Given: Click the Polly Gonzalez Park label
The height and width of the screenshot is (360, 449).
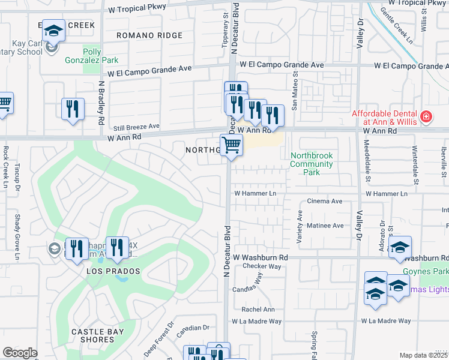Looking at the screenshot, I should (101, 56).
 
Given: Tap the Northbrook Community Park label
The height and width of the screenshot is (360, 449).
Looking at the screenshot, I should (311, 164).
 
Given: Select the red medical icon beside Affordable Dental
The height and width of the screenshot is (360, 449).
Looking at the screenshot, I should (426, 116).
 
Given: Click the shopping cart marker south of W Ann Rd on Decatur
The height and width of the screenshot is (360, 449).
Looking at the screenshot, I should (231, 145).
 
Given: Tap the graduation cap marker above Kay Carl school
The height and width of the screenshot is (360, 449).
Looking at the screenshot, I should (53, 31).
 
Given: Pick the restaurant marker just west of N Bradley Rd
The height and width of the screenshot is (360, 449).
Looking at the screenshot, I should (73, 109).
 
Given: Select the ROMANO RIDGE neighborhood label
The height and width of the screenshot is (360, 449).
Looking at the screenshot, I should (149, 36).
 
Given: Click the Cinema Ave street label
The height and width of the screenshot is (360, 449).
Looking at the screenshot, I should (325, 202).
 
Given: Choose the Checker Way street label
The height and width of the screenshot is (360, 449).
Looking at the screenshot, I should (262, 266).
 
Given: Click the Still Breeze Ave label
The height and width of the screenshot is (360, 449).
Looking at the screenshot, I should (137, 127).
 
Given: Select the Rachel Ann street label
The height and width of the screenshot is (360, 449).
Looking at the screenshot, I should (258, 310).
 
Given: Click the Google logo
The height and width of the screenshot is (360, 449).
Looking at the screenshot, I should (20, 353).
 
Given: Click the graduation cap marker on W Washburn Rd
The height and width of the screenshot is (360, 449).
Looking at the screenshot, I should (400, 248).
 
